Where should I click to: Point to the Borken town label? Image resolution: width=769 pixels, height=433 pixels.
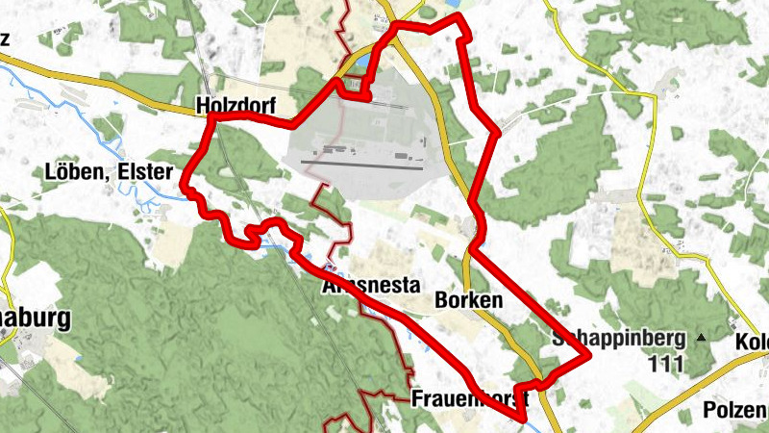tap(469, 300)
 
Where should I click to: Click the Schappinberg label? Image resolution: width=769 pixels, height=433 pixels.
tap(620, 339)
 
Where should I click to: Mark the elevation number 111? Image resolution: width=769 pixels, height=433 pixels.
tap(665, 365)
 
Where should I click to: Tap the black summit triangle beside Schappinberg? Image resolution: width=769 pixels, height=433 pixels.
tap(701, 338)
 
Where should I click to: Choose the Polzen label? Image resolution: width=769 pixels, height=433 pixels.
tap(735, 409)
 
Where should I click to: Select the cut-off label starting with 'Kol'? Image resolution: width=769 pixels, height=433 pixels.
tap(752, 343)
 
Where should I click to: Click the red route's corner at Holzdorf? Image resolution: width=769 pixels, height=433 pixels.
tap(209, 118)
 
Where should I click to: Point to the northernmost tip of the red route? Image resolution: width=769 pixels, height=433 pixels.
tap(459, 17)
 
